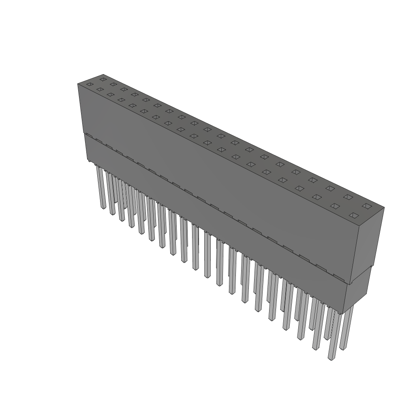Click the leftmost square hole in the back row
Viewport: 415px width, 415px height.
coord(103,79)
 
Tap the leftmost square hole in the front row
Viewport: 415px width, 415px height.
coord(90,84)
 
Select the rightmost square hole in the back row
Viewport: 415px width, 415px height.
coord(366,206)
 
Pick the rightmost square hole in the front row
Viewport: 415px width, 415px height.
coord(354,215)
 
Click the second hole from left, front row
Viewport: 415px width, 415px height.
coord(100,89)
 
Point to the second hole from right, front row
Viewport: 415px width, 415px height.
coord(335,206)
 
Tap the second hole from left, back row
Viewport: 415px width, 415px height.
coord(113,84)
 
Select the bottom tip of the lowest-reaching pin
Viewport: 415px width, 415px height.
coord(332,359)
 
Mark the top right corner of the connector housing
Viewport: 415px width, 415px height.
coord(384,208)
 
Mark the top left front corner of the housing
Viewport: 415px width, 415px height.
coord(78,84)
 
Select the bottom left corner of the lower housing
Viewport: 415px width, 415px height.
coord(88,160)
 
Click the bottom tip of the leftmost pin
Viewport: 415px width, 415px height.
coord(103,207)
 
